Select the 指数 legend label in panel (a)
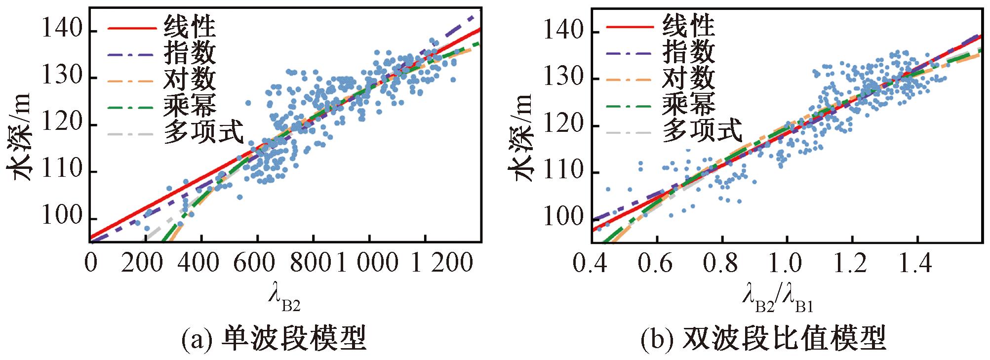(x=190, y=53)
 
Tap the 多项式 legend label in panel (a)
(x=203, y=131)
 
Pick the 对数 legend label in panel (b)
(x=688, y=78)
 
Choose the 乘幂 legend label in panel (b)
(x=688, y=104)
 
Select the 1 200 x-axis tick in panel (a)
(x=442, y=262)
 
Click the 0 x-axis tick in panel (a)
(x=90, y=262)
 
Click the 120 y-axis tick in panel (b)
(x=563, y=124)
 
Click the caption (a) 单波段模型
(x=274, y=339)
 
